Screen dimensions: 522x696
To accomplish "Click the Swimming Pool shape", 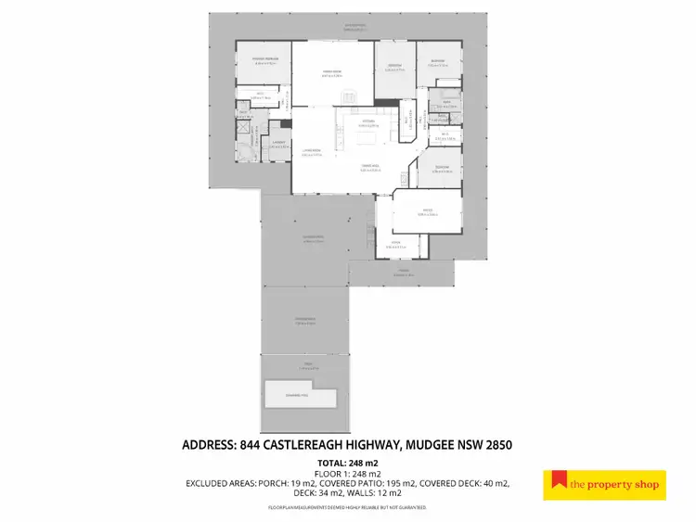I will pyautogui.click(x=299, y=395).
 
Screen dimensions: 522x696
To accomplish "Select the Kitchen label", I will pyautogui.click(x=368, y=121).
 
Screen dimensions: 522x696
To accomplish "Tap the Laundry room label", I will pyautogui.click(x=277, y=143).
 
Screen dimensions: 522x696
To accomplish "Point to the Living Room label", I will pyautogui.click(x=312, y=153).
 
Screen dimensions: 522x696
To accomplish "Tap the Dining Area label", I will pyautogui.click(x=370, y=166).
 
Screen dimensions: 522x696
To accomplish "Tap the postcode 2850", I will pyautogui.click(x=496, y=445).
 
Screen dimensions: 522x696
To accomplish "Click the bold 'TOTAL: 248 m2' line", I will pyautogui.click(x=348, y=462).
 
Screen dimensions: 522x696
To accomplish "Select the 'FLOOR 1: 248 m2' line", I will pyautogui.click(x=348, y=473).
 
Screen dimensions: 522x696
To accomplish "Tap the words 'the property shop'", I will pyautogui.click(x=614, y=484).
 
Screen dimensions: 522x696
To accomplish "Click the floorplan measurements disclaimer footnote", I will pyautogui.click(x=348, y=507).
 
